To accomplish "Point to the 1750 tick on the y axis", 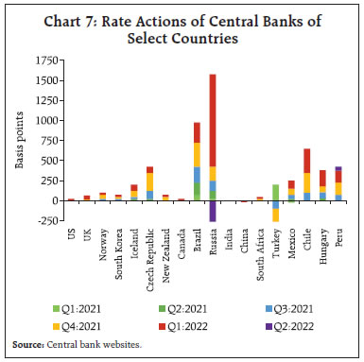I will pos(48,60).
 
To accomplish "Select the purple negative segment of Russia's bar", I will pos(212,210).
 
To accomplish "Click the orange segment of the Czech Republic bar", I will pos(149,181).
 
